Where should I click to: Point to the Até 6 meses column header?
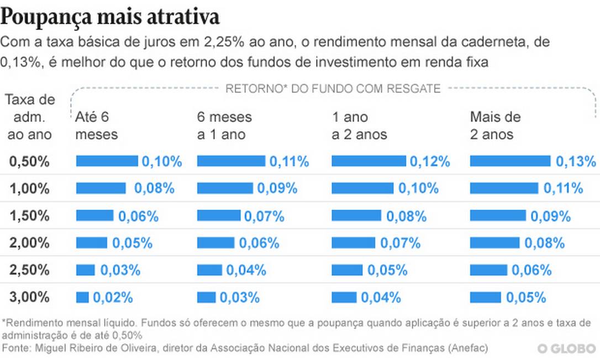pos(97,126)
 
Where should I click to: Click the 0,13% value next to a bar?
pos(576,161)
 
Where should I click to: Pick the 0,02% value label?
pos(113,298)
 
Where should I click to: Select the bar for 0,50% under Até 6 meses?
pos(107,161)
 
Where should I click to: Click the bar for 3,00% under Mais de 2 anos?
pos(485,298)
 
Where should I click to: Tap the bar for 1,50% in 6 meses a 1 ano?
pos(218,215)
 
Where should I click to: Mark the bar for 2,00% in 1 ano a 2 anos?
pos(353,242)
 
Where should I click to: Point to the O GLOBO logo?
pos(566,349)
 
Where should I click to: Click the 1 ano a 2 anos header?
pos(359,126)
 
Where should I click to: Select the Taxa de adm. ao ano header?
pos(30,117)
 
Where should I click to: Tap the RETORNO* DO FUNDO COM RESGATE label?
pos(333,89)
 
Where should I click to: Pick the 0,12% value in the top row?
pos(430,161)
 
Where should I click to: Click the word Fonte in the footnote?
pos(16,348)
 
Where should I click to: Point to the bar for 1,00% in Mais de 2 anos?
pos(503,188)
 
